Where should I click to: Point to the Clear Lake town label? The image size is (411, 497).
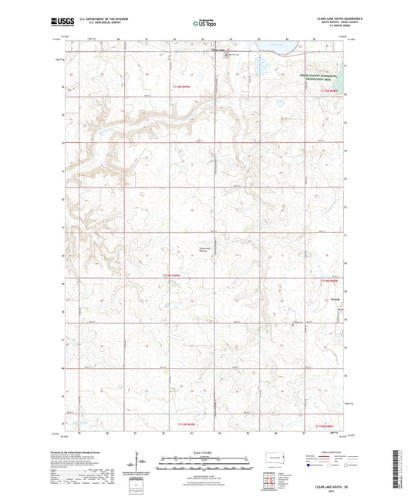click(x=219, y=52)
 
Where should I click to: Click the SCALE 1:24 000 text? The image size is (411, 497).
click(x=205, y=451)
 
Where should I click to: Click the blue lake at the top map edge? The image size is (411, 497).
click(x=278, y=54)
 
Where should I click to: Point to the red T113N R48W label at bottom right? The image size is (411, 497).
click(x=324, y=425)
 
